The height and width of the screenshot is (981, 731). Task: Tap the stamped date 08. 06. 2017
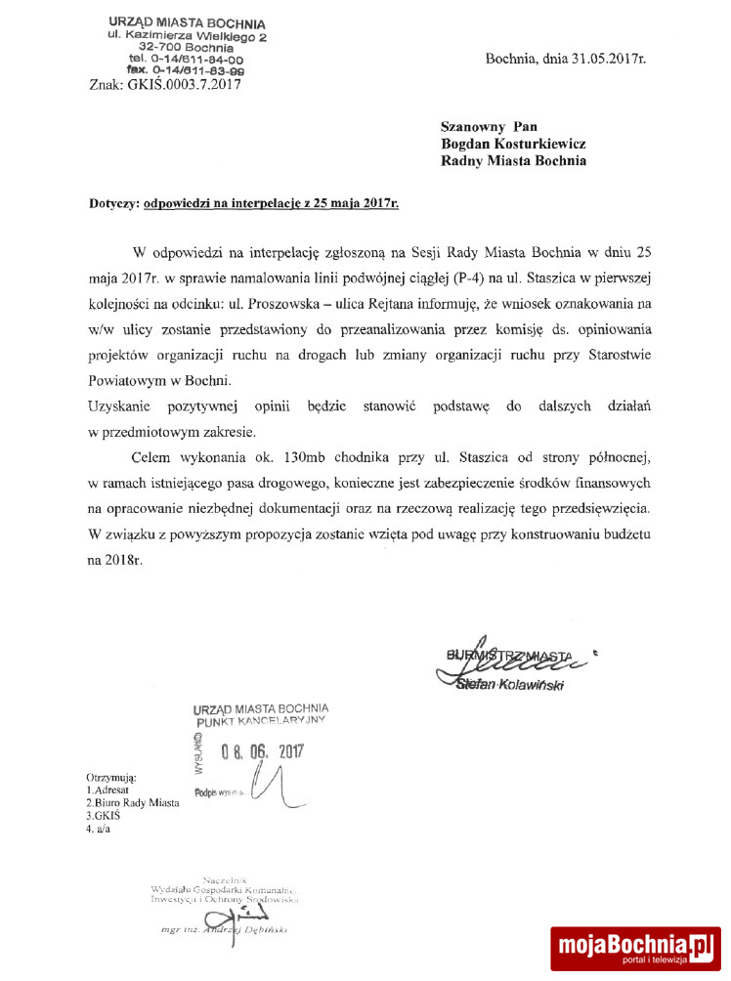[264, 752]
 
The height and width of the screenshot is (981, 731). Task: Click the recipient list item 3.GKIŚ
[103, 815]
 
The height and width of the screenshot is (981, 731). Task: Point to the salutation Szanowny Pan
[490, 126]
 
